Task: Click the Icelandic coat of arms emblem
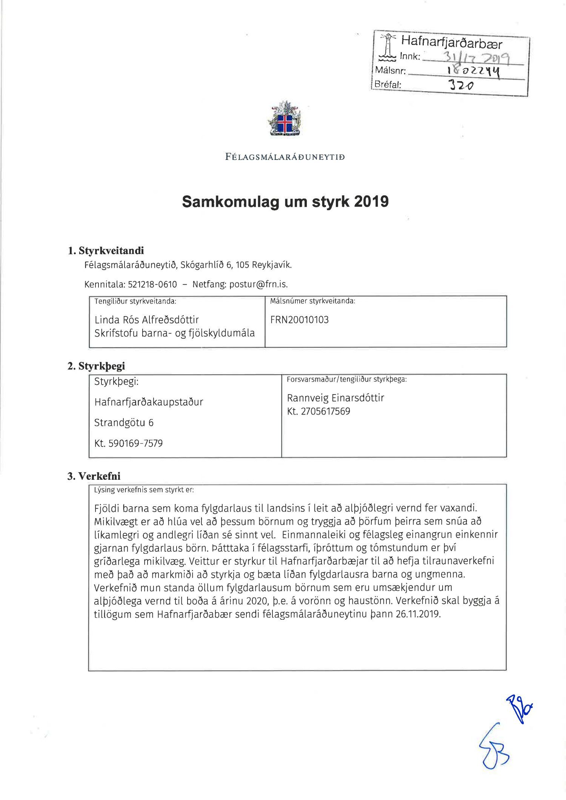pos(285,119)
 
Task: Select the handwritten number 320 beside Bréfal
pos(461,85)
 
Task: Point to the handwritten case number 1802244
pos(474,71)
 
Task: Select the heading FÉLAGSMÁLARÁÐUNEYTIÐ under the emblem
pos(285,157)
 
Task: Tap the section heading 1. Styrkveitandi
pos(106,251)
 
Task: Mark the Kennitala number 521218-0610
pos(152,284)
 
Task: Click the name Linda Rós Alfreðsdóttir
pos(147,320)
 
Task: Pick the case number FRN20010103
pos(299,320)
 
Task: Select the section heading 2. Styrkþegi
pos(96,366)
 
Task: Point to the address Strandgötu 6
pos(124,423)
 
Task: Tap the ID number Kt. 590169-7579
pos(128,443)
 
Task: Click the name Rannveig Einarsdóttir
pos(335,398)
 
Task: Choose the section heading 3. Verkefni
pos(94,476)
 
